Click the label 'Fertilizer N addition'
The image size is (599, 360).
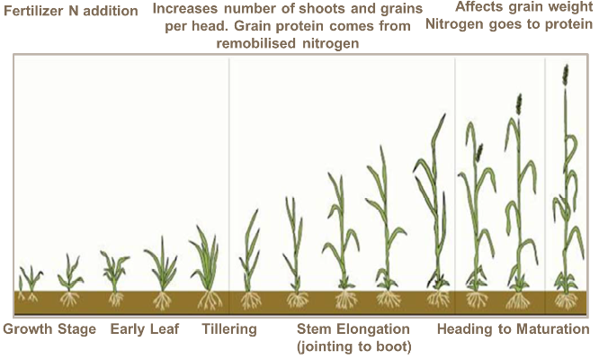[71, 12]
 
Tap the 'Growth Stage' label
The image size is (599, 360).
[49, 329]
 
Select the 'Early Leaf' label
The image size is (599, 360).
[145, 329]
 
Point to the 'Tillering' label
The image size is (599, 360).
[229, 329]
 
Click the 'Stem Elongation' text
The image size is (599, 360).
[353, 329]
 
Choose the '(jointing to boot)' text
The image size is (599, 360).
[353, 346]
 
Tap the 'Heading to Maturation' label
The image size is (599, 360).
[513, 329]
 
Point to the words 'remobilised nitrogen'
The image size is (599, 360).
[287, 42]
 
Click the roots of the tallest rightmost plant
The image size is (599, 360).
[566, 300]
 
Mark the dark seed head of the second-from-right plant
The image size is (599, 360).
[519, 105]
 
